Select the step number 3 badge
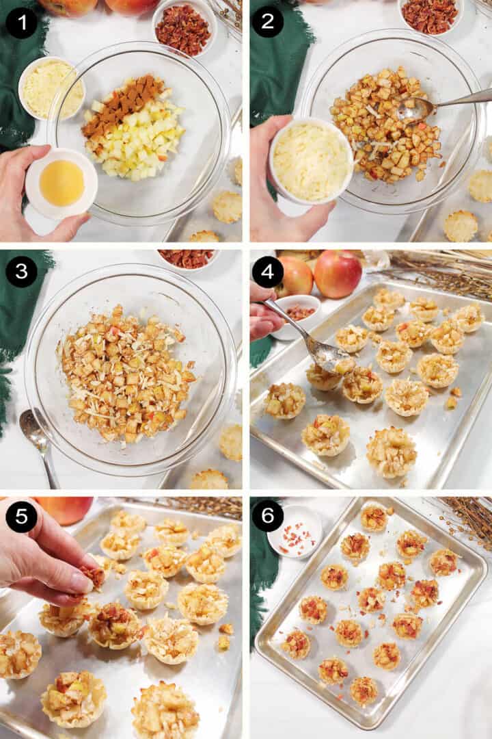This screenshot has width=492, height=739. pyautogui.click(x=21, y=272)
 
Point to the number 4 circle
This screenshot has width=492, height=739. pyautogui.click(x=267, y=272)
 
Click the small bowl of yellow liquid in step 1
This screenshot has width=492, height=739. pyautogui.click(x=61, y=183)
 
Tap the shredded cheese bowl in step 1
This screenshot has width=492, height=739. pyautogui.click(x=50, y=88)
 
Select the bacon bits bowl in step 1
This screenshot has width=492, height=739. pyautogui.click(x=183, y=29)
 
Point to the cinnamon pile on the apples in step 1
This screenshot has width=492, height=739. pyautogui.click(x=123, y=107)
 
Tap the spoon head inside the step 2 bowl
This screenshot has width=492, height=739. pyautogui.click(x=415, y=109)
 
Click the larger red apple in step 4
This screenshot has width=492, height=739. pyautogui.click(x=337, y=274)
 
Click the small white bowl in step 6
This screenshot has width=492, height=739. pyautogui.click(x=295, y=532)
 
